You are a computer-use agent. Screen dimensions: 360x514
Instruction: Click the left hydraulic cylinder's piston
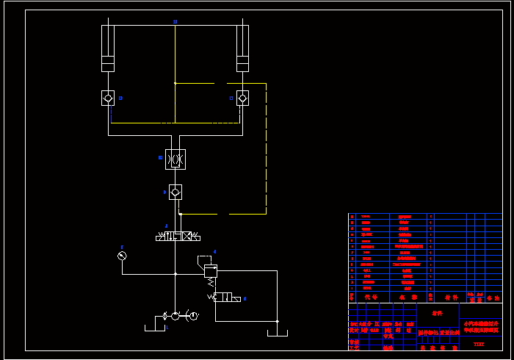point(108,60)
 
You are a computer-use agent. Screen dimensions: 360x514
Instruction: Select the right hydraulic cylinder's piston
point(242,60)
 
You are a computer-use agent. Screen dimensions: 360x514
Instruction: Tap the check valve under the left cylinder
point(108,98)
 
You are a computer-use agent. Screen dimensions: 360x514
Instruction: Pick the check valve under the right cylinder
point(242,98)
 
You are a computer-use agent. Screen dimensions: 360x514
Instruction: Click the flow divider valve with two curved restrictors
point(175,159)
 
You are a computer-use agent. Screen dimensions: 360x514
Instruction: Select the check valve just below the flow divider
point(175,192)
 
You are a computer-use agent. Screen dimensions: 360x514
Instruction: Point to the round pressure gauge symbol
point(122,255)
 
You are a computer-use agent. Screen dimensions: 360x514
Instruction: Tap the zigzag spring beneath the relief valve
point(211,283)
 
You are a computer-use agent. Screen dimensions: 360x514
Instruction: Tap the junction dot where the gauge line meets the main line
point(175,274)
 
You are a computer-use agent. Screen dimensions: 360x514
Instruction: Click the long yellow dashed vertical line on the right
point(266,147)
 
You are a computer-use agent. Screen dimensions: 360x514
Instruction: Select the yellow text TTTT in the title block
point(479,344)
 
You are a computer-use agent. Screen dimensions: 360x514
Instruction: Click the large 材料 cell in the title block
point(438,314)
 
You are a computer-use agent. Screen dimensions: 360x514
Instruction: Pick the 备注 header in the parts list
point(491,298)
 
